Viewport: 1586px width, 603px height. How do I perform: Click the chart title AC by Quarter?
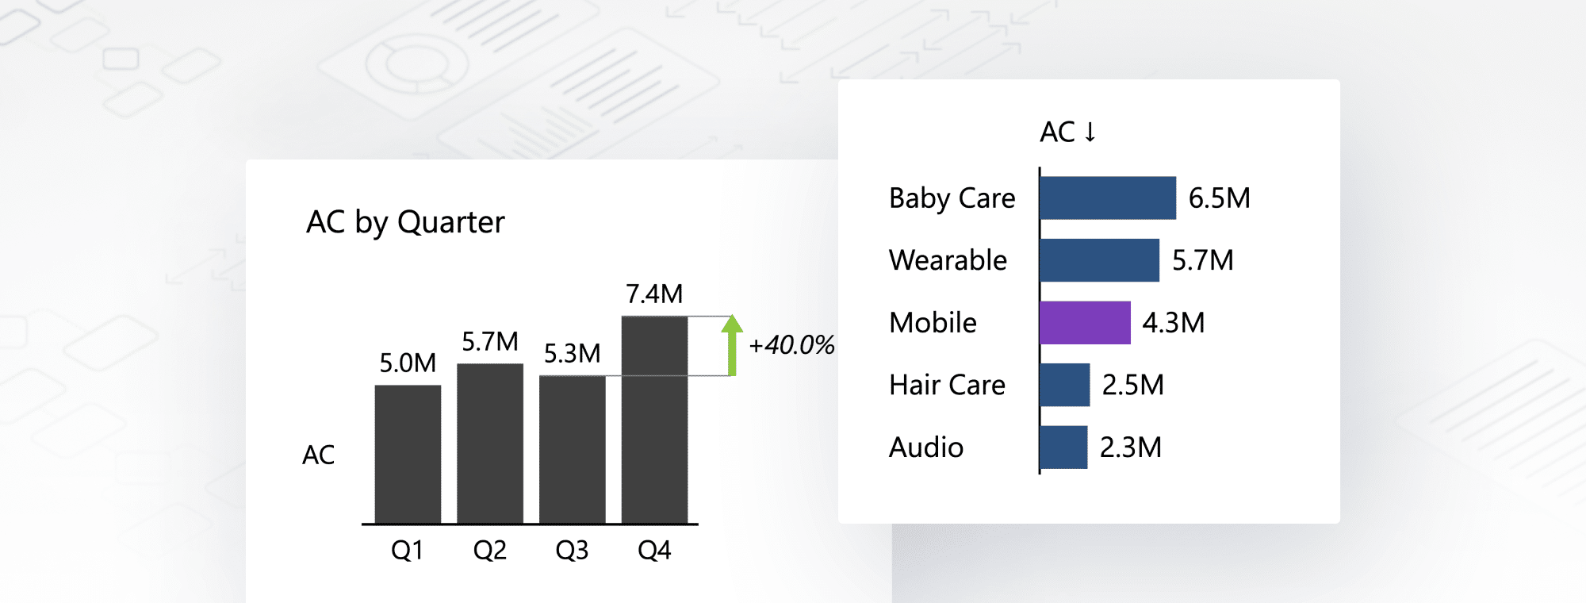pyautogui.click(x=405, y=222)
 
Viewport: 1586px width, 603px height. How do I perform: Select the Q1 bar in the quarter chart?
pyautogui.click(x=408, y=454)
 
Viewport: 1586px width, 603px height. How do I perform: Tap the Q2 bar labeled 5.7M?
pyautogui.click(x=490, y=443)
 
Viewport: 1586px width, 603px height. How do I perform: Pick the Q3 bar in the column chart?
pyautogui.click(x=572, y=449)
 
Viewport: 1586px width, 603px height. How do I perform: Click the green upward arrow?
pyautogui.click(x=732, y=344)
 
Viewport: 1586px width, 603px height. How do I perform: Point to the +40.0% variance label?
pyautogui.click(x=791, y=345)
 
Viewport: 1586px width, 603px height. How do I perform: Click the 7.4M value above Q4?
pyautogui.click(x=654, y=294)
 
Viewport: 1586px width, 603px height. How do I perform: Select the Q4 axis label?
pyautogui.click(x=654, y=550)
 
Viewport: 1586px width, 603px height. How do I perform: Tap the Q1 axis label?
pyautogui.click(x=408, y=550)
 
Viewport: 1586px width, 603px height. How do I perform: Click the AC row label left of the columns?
pyautogui.click(x=319, y=455)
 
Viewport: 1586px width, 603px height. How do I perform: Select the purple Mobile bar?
pyautogui.click(x=1085, y=323)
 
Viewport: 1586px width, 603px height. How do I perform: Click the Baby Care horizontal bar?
pyautogui.click(x=1108, y=198)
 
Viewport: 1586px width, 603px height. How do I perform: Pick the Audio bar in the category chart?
pyautogui.click(x=1063, y=447)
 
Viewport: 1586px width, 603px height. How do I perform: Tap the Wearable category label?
pyautogui.click(x=948, y=260)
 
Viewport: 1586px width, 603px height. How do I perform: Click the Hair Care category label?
pyautogui.click(x=947, y=385)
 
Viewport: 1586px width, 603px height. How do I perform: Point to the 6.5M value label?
pyautogui.click(x=1219, y=198)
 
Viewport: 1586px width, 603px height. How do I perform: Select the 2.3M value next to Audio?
pyautogui.click(x=1130, y=447)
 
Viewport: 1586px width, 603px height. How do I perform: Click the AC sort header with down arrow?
pyautogui.click(x=1067, y=132)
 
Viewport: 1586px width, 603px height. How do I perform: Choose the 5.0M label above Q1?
pyautogui.click(x=408, y=363)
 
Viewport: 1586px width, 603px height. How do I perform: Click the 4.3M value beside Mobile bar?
pyautogui.click(x=1173, y=323)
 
